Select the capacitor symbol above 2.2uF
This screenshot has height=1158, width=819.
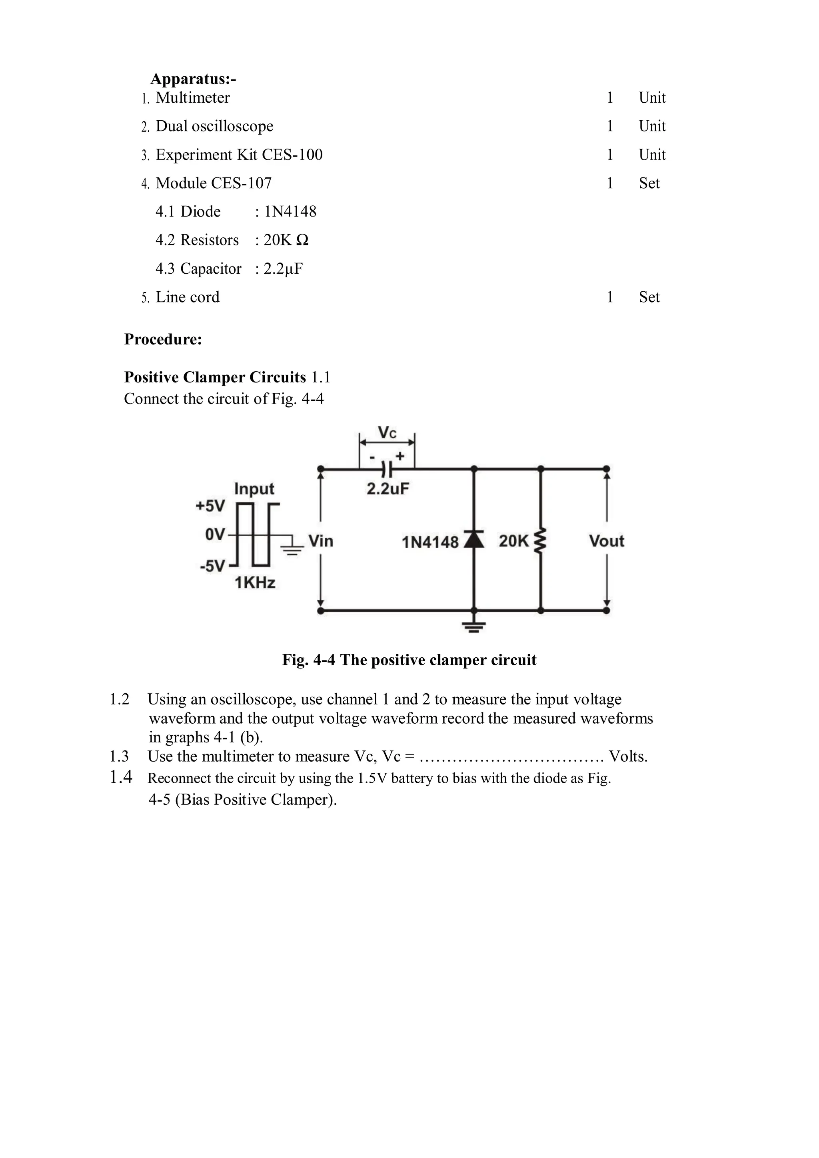coord(387,469)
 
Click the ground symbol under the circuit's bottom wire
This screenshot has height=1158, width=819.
coord(473,627)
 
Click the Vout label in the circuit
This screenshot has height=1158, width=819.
coord(607,541)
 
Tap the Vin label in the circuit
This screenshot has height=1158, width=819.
coord(321,541)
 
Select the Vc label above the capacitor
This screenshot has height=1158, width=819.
coord(387,433)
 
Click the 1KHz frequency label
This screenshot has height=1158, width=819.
coord(255,583)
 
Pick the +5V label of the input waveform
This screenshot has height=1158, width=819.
coord(210,506)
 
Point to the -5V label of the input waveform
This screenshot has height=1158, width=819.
coord(212,566)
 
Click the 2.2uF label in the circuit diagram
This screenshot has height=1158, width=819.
coord(388,489)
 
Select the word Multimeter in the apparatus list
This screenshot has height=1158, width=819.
coord(193,98)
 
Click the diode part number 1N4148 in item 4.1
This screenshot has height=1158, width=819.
coord(291,212)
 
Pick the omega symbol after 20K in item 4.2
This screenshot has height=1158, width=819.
coord(302,240)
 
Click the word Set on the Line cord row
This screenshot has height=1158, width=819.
coord(649,297)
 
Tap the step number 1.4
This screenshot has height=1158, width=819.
coord(121,777)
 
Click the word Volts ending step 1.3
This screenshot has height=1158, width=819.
coord(628,756)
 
